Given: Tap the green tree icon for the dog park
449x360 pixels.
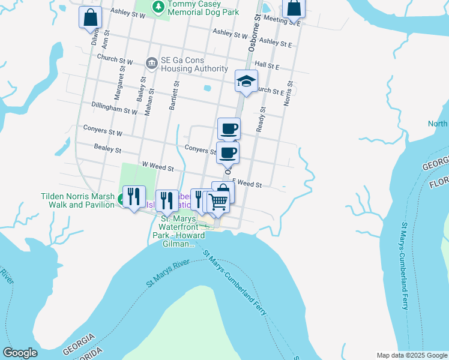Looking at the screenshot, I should [x=158, y=7].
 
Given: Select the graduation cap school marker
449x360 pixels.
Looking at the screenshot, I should [x=246, y=82].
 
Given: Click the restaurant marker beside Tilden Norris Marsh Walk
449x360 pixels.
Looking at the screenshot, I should [x=133, y=197].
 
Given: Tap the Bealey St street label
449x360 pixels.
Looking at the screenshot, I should [x=108, y=148].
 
